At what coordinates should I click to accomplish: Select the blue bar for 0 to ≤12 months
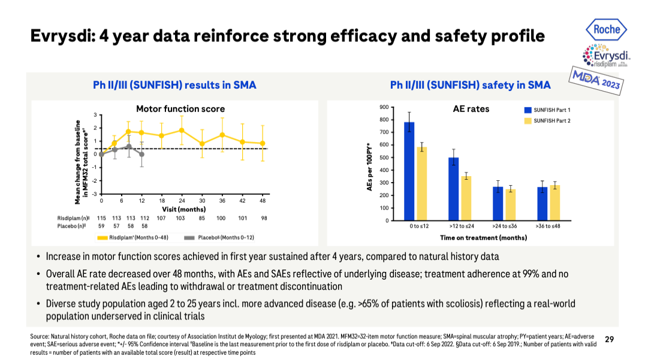[409, 171]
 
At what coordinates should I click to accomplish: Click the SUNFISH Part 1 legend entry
[547, 110]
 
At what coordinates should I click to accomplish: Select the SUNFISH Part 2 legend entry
[547, 121]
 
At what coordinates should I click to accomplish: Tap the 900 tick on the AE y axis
[383, 107]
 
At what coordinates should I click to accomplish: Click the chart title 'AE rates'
[471, 109]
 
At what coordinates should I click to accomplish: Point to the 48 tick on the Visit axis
[262, 201]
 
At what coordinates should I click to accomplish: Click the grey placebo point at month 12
[141, 154]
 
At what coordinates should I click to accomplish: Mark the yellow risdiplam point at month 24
[182, 130]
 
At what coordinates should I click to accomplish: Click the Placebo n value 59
[101, 226]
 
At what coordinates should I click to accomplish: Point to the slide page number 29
[610, 340]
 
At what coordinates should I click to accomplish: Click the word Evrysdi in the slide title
[61, 36]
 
